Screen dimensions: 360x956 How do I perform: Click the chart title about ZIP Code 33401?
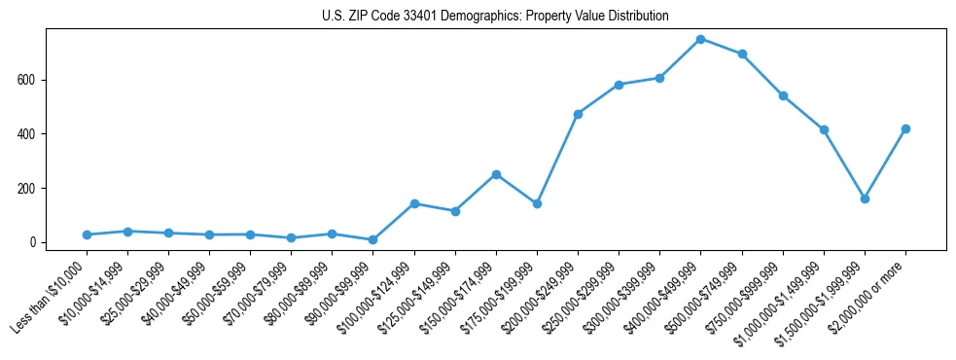coord(495,17)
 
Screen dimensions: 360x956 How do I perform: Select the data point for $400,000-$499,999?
coord(701,39)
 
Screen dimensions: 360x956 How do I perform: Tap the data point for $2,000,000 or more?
coord(905,128)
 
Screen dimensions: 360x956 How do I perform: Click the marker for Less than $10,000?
coord(87,234)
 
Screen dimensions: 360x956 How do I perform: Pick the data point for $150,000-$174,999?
coord(496,174)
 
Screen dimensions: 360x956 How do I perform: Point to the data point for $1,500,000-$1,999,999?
coord(865,198)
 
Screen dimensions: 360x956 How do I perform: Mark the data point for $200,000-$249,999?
coord(578,114)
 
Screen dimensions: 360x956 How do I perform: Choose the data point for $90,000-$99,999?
coord(373,239)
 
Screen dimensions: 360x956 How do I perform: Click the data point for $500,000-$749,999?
coord(742,54)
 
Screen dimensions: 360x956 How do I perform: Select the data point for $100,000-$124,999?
coord(414,203)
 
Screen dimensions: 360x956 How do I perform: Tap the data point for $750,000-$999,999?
coord(783,95)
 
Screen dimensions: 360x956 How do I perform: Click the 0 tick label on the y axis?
coord(34,242)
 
